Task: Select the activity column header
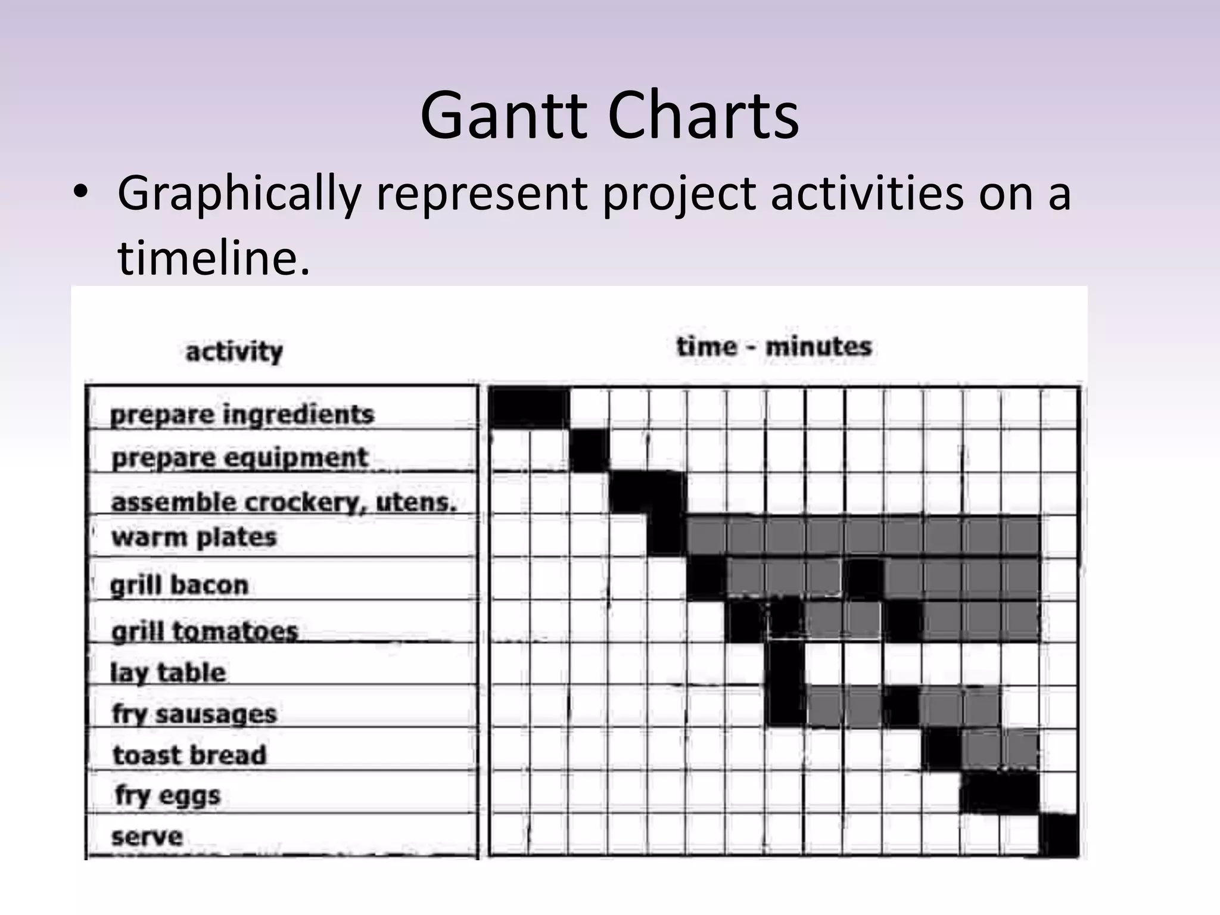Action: click(234, 351)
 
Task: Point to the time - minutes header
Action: click(774, 347)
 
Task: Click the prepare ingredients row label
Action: click(242, 415)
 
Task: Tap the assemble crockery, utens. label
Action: click(284, 502)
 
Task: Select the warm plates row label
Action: click(194, 537)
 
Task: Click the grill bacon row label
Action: click(179, 585)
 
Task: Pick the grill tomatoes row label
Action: click(204, 631)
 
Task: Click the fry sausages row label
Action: click(195, 714)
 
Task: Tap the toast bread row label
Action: click(189, 755)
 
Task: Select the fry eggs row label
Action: click(168, 796)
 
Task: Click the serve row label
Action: click(147, 837)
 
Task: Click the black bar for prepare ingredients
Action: click(529, 407)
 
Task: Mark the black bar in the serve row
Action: click(1059, 836)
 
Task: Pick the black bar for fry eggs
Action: click(1000, 792)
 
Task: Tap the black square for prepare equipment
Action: click(589, 450)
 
